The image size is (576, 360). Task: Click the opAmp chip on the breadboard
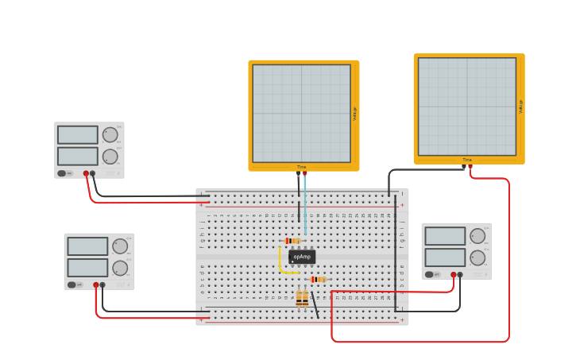pyautogui.click(x=302, y=257)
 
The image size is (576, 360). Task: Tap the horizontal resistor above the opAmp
pyautogui.click(x=292, y=241)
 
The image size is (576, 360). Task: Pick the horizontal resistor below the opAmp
pyautogui.click(x=318, y=279)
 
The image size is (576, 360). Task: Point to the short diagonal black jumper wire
pyautogui.click(x=315, y=304)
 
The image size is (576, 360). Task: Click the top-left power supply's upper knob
pyautogui.click(x=110, y=135)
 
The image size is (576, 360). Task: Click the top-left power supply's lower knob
pyautogui.click(x=110, y=157)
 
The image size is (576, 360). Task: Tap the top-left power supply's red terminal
pyautogui.click(x=86, y=173)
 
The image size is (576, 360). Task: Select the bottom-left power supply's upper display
pyautogui.click(x=87, y=246)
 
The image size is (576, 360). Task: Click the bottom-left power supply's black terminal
pyautogui.click(x=102, y=285)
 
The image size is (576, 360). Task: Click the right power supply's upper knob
pyautogui.click(x=477, y=236)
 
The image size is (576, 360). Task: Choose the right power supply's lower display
pyautogui.click(x=445, y=257)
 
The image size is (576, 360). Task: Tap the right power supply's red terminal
pyautogui.click(x=454, y=275)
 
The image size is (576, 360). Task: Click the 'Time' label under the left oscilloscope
pyautogui.click(x=301, y=167)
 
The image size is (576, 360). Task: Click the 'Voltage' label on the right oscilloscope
pyautogui.click(x=520, y=106)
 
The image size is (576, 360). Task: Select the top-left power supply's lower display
pyautogui.click(x=77, y=156)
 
